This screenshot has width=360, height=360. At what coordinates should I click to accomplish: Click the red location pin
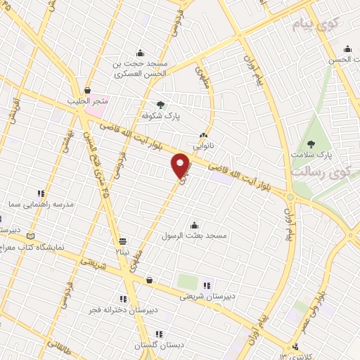click(x=181, y=165)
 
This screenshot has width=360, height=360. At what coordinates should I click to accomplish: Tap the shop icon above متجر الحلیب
click(x=88, y=90)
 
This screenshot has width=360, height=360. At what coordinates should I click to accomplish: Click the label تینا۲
click(x=123, y=251)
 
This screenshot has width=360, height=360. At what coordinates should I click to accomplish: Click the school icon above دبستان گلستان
click(x=159, y=334)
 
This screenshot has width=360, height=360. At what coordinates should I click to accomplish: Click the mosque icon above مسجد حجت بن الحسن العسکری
click(x=141, y=51)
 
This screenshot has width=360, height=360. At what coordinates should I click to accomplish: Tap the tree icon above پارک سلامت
click(x=311, y=143)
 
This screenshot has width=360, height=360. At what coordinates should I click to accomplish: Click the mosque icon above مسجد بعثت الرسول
click(x=194, y=224)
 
